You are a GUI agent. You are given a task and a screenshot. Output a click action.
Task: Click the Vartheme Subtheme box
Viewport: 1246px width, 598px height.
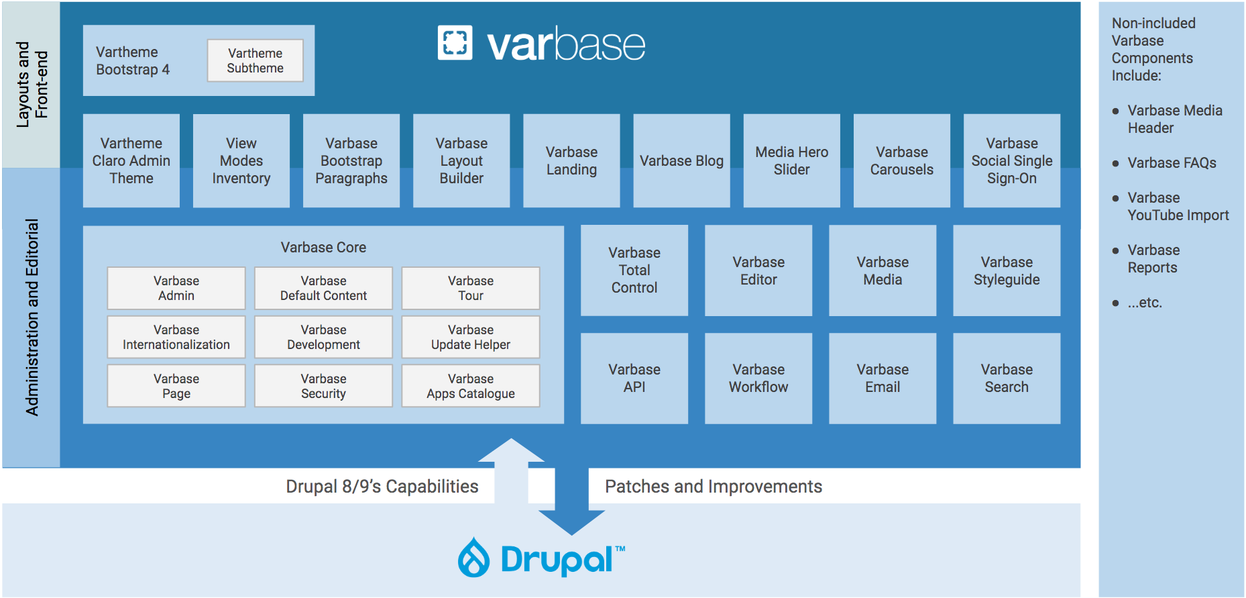255,60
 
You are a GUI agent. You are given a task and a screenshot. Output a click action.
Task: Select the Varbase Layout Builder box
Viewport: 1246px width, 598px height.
461,160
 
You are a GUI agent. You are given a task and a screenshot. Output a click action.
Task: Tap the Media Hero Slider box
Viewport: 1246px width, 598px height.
791,160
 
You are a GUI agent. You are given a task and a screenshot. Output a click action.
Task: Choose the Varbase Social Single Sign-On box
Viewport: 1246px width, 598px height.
1011,160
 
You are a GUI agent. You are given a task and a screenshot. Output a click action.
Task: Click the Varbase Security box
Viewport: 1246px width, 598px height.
323,386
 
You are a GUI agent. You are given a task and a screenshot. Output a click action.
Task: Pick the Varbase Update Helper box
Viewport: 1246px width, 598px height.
471,337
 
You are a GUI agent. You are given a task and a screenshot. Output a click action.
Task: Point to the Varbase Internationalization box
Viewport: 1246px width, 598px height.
176,337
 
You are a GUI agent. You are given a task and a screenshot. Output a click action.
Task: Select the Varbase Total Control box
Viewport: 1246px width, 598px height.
634,270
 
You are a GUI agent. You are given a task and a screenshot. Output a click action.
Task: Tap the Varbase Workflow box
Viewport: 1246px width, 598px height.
758,378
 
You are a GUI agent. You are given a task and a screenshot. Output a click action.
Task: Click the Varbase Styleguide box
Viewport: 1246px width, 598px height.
1007,270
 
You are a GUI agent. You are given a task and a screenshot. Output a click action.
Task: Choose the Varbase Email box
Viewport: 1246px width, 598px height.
883,378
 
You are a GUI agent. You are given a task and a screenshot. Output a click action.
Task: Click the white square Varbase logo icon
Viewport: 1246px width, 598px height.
455,43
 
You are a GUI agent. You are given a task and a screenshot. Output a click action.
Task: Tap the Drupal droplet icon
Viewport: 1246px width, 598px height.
474,558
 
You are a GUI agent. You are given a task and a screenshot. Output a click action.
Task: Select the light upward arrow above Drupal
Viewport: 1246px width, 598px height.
511,470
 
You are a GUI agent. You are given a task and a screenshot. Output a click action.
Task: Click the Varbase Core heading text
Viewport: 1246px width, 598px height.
323,247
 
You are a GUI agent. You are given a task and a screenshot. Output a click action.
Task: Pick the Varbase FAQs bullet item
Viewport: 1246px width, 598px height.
1172,163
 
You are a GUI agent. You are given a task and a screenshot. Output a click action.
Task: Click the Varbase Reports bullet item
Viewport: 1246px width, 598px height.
1153,258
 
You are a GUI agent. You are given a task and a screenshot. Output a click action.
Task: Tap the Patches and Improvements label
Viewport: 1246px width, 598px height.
713,487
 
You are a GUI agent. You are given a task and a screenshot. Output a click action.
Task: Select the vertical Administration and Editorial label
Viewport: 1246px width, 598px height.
32,317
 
